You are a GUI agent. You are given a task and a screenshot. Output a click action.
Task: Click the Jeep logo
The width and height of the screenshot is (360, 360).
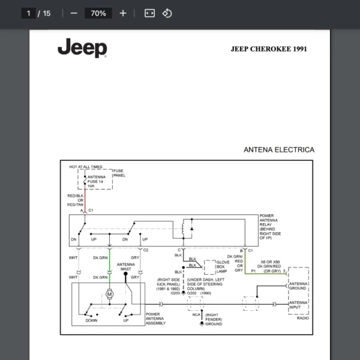pos(82,49)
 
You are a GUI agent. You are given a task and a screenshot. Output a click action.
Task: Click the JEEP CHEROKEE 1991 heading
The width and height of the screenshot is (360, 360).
pos(268,49)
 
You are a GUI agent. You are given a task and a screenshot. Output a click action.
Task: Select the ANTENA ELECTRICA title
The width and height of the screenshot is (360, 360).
pos(278,149)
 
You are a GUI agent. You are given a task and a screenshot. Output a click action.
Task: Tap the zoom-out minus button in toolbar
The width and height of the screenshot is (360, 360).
pos(74,13)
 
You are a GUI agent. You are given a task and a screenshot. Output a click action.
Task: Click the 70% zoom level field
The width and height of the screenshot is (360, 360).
pos(98,13)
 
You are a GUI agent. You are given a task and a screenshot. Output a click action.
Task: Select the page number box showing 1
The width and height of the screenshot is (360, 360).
pos(28,13)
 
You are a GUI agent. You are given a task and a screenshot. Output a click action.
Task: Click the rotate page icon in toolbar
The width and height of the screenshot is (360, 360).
pos(167,13)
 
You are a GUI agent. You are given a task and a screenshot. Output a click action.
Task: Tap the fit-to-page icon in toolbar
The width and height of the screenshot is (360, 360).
pos(149,13)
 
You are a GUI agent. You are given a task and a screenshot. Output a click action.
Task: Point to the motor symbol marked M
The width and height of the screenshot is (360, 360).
pos(109,294)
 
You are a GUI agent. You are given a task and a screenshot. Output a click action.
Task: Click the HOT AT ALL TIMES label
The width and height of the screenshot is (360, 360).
pos(86,167)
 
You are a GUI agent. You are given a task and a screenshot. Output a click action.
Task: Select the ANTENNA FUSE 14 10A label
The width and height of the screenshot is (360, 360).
pos(96,181)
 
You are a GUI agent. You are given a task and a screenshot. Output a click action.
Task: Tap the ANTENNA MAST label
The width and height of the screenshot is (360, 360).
pos(125,267)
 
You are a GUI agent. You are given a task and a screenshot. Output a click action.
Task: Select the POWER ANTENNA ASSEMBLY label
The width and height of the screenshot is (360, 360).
pos(156,319)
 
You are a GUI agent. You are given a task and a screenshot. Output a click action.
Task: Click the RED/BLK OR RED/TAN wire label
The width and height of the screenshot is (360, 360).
pos(76,200)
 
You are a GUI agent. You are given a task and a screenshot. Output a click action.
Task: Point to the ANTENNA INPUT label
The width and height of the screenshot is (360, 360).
pos(298,306)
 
